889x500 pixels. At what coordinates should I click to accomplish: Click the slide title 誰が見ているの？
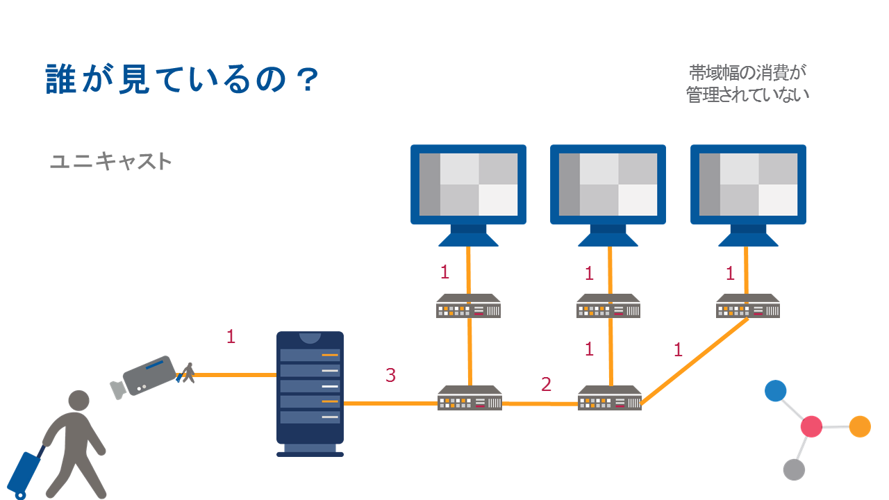[x=182, y=80]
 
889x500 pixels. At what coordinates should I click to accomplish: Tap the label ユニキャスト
[x=110, y=161]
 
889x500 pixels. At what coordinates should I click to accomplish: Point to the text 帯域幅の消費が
[x=749, y=72]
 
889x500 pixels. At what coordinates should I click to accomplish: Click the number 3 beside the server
[x=390, y=376]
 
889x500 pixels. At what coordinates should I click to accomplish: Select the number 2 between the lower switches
[x=546, y=384]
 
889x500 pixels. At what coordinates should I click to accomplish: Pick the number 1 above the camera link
[x=231, y=337]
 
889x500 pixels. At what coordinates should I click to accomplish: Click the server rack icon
[x=310, y=393]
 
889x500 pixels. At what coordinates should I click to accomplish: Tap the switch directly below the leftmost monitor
[x=469, y=306]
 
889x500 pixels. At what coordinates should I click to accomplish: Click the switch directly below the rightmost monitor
[x=748, y=306]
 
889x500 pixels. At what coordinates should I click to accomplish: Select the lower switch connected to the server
[x=470, y=399]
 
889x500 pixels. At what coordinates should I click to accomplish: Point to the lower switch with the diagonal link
[x=610, y=399]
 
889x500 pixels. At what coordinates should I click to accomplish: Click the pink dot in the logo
[x=811, y=426]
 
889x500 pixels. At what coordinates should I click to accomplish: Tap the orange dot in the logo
[x=860, y=426]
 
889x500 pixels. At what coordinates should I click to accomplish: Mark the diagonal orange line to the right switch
[x=695, y=361]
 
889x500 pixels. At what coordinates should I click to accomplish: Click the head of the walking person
[x=78, y=401]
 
